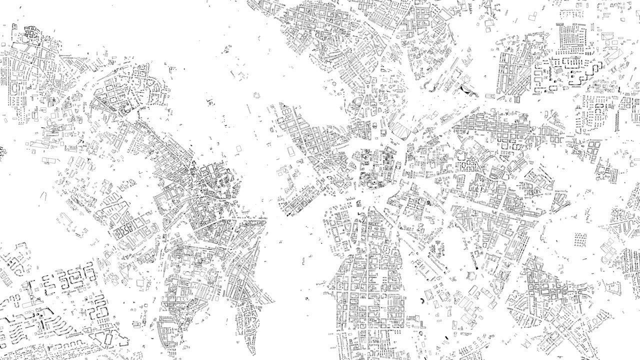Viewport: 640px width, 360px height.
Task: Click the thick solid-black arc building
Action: tap(423, 300)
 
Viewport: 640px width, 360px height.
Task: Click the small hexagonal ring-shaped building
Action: tap(428, 202)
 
